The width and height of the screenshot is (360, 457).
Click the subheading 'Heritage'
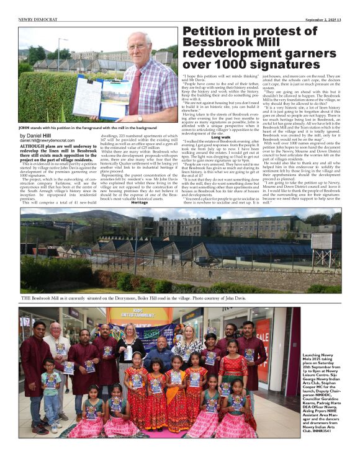point(140,202)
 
